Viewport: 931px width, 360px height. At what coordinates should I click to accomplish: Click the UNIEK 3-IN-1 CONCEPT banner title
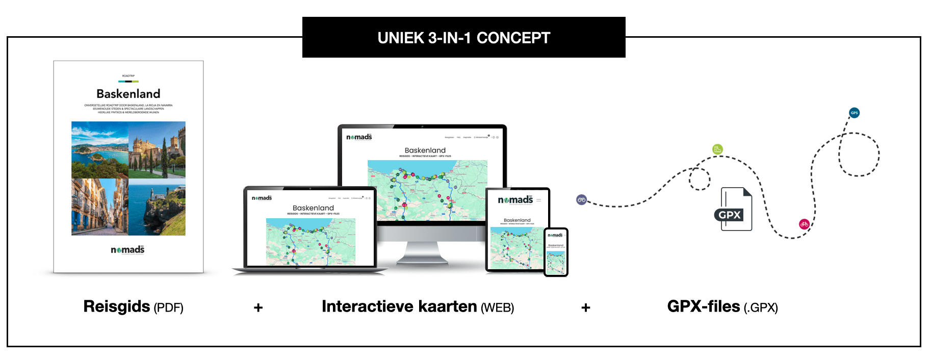pos(463,38)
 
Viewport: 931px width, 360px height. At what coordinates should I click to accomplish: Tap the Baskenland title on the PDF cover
pos(128,94)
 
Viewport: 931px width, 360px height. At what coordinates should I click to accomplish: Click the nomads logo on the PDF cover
pos(127,249)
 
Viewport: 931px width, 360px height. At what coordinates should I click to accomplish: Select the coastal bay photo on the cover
pos(100,149)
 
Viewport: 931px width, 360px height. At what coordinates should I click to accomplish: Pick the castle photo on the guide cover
pos(157,149)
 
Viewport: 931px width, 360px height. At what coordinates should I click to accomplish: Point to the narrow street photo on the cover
pos(100,207)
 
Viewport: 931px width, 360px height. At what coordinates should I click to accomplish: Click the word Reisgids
pos(117,306)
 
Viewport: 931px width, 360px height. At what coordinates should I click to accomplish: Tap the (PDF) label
pos(169,308)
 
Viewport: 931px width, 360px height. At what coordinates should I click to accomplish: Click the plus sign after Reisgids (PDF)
pos(258,307)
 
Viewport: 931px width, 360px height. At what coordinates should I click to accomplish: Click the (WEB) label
pos(498,308)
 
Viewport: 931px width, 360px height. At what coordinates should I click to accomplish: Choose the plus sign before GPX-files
pos(586,307)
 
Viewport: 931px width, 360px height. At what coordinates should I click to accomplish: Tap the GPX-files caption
pos(704,306)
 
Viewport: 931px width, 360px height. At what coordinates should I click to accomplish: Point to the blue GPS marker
pos(854,113)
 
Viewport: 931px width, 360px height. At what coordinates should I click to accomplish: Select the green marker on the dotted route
pos(717,149)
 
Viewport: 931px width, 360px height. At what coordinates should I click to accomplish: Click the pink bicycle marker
pos(804,224)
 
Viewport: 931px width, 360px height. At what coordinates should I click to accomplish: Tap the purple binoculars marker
pos(582,200)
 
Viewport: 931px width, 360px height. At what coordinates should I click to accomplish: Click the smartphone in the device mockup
pos(556,252)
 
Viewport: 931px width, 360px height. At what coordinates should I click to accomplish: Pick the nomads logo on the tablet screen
pos(515,200)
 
